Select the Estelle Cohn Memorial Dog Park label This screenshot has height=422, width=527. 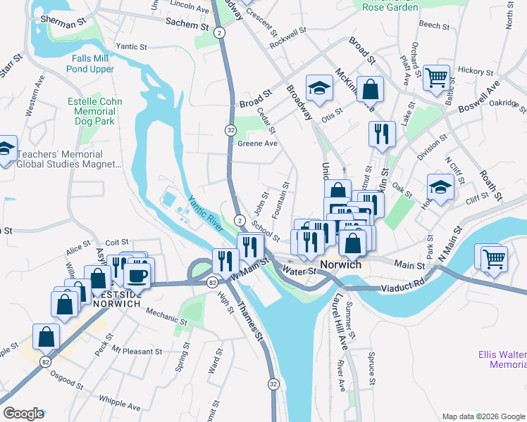pyautogui.click(x=95, y=112)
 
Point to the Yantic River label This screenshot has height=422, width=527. pyautogui.click(x=205, y=213)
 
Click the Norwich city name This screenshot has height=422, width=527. pyautogui.click(x=340, y=265)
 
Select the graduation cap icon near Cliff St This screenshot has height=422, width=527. pyautogui.click(x=440, y=188)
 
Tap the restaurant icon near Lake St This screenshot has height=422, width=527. pyautogui.click(x=381, y=133)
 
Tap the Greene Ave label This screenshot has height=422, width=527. pyautogui.click(x=257, y=143)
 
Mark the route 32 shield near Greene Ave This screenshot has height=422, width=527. pyautogui.click(x=230, y=130)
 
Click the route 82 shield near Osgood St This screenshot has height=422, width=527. pyautogui.click(x=46, y=362)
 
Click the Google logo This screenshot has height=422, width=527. pyautogui.click(x=23, y=414)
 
